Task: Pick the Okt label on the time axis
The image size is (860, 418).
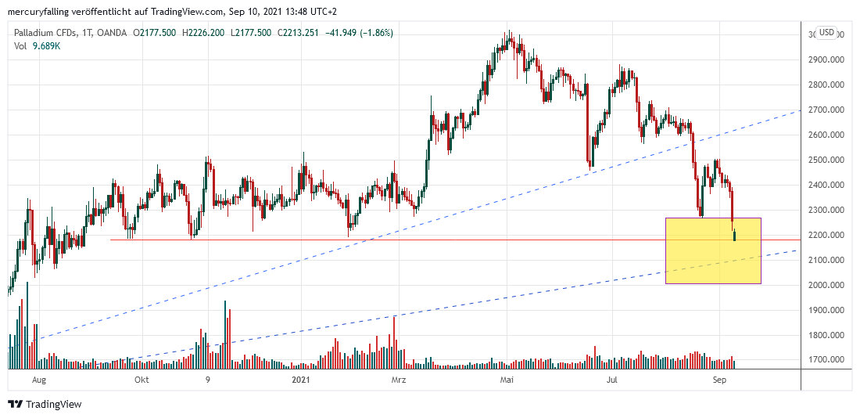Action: click(142, 380)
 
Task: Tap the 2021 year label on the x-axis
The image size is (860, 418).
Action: click(301, 380)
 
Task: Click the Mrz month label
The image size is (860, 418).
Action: click(399, 380)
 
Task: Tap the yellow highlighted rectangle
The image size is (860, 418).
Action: click(712, 250)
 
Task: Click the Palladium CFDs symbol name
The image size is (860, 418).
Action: click(46, 33)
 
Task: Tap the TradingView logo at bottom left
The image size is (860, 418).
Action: click(45, 404)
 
